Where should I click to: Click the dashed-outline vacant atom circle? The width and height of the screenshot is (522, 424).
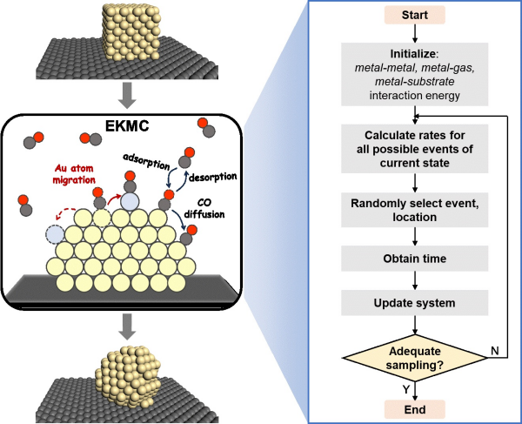[x=57, y=235]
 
